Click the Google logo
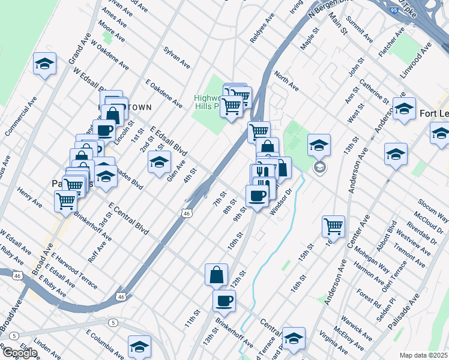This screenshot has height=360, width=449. [19, 353]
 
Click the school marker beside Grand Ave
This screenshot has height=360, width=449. [44, 64]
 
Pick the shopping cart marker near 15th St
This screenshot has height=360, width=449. [333, 226]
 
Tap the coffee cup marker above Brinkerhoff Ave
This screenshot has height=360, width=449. [224, 301]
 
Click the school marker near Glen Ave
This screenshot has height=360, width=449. [159, 162]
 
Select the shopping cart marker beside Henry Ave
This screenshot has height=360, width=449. [65, 201]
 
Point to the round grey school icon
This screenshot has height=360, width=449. [320, 167]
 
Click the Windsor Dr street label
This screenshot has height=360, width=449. [280, 203]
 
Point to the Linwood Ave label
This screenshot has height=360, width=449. [418, 59]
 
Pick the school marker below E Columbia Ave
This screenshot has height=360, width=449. [139, 346]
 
